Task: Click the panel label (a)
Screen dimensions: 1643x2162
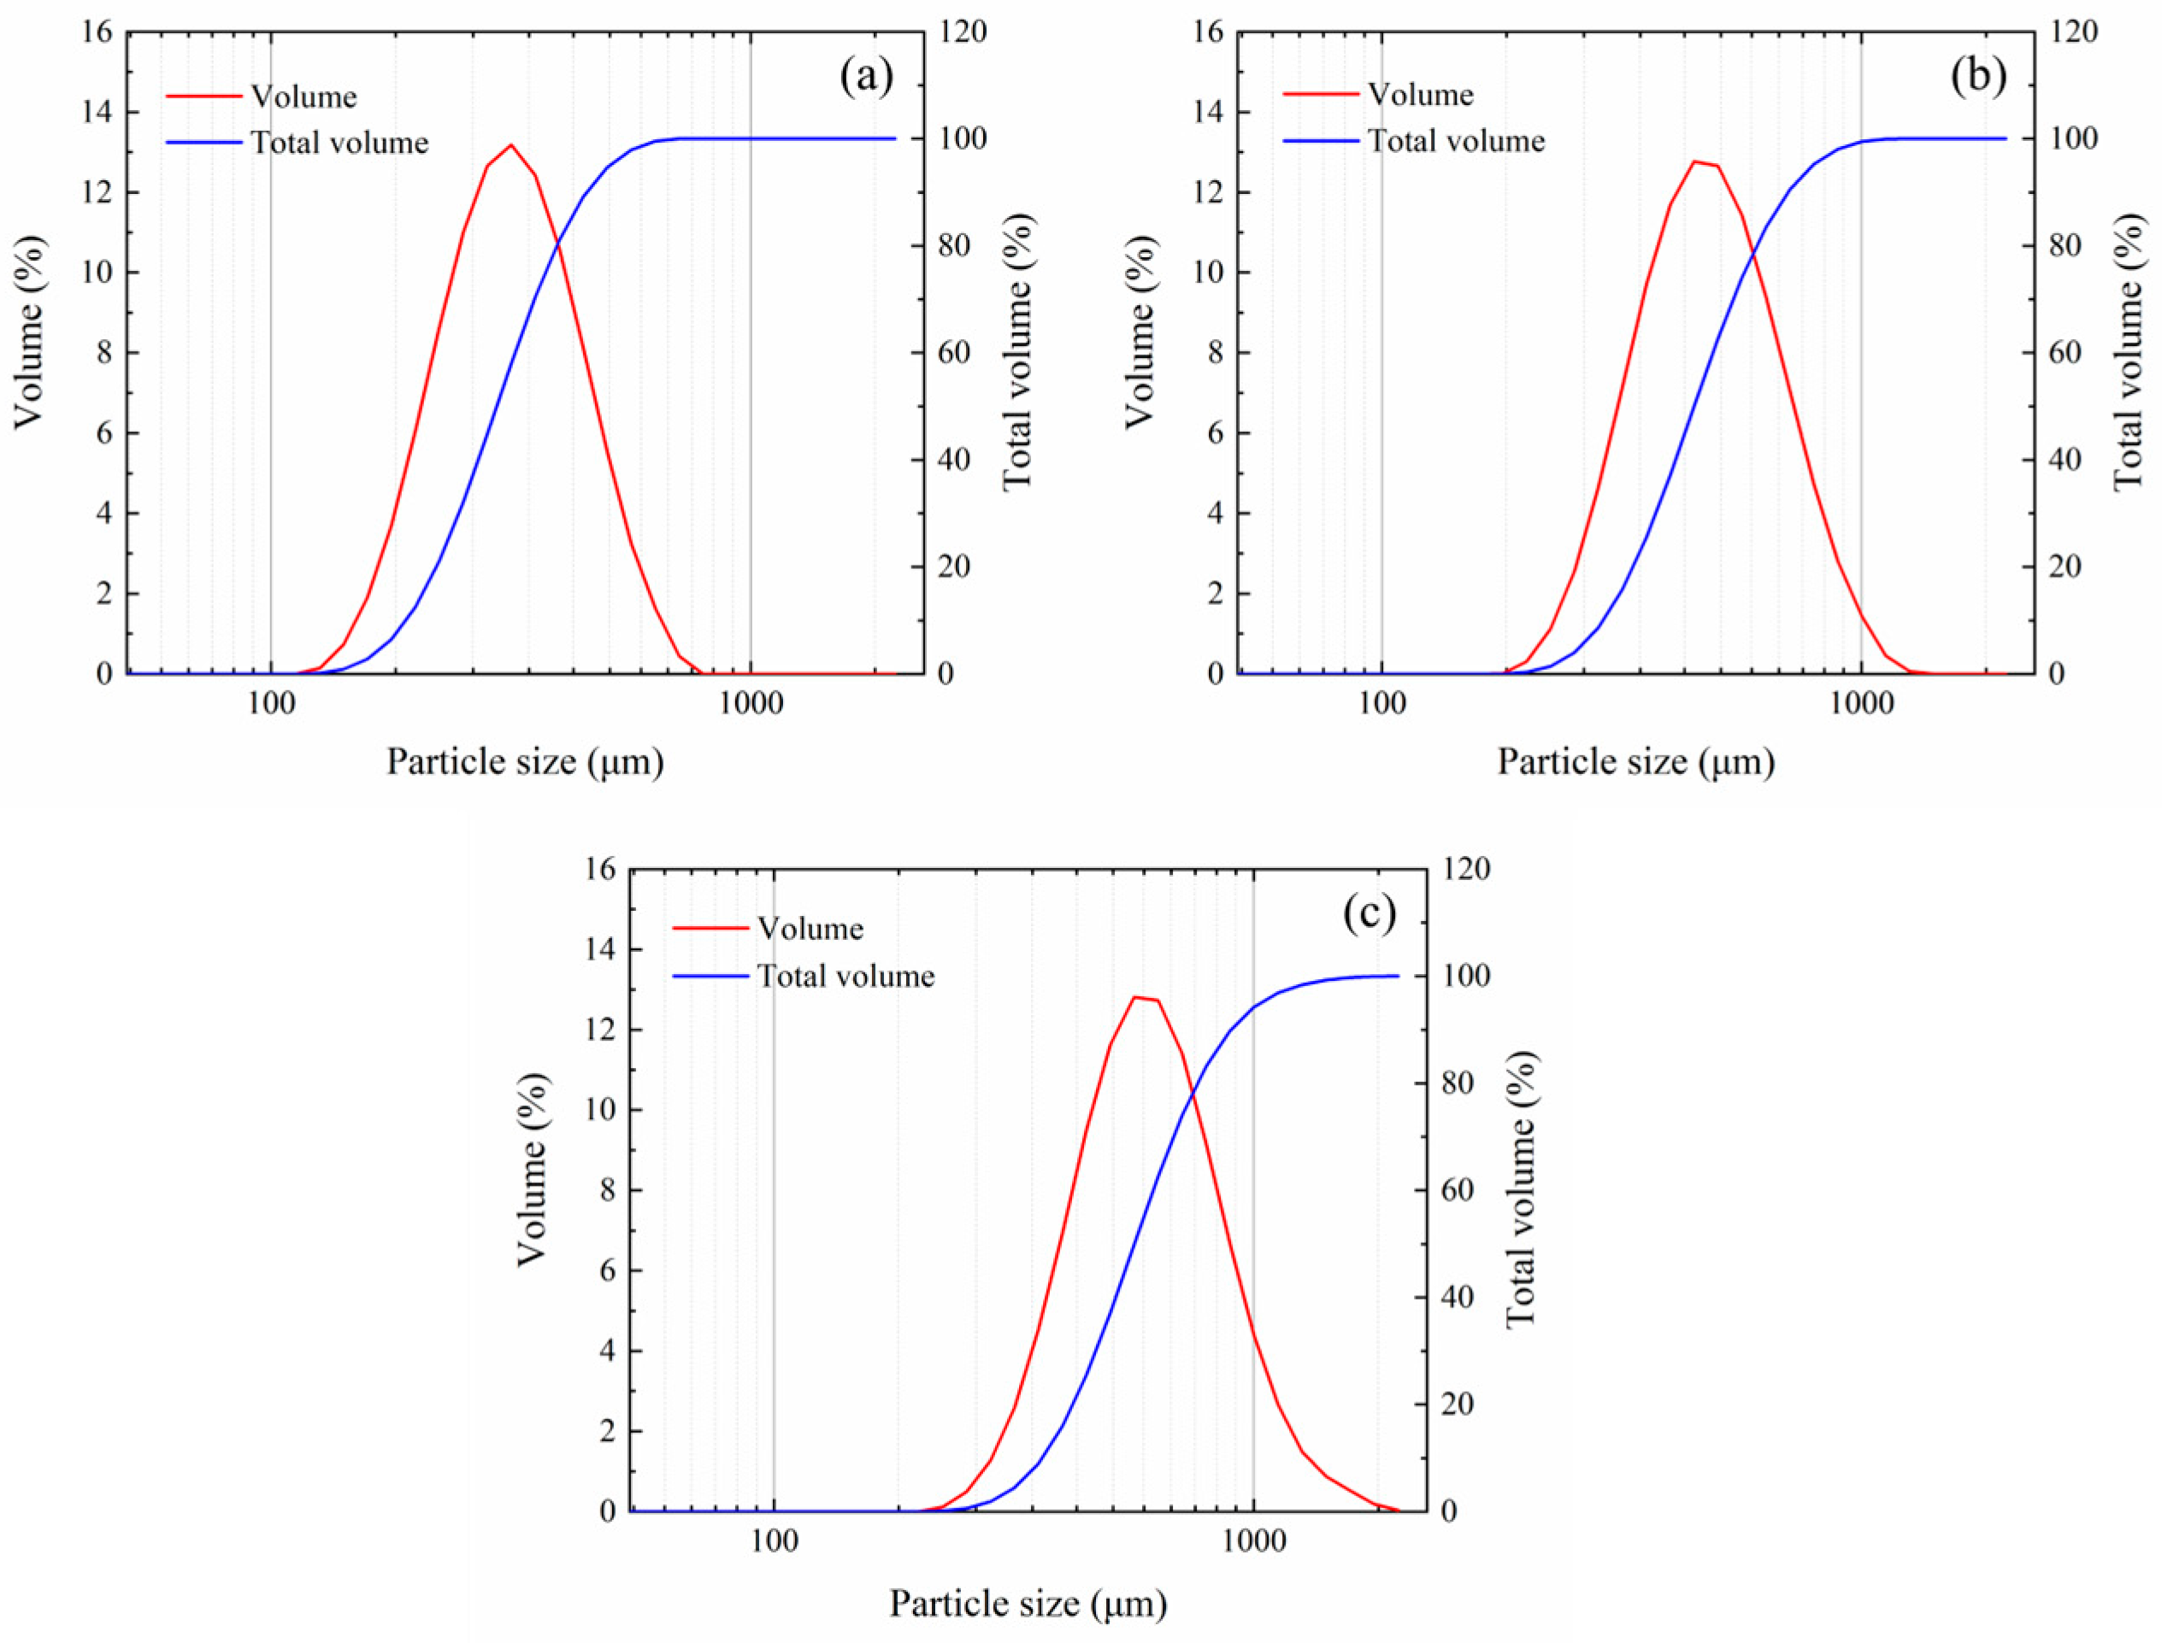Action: coord(866,77)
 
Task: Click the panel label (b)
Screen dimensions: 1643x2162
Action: coord(1977,77)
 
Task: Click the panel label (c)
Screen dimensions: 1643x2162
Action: coord(1369,913)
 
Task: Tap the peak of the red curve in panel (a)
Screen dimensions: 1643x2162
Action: coord(510,144)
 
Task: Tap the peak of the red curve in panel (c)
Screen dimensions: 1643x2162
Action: coord(1134,998)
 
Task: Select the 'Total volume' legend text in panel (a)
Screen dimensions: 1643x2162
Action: coord(339,143)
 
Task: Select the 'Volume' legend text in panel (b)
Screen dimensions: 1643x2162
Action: coord(1421,95)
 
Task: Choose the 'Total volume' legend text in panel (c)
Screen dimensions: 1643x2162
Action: coord(846,976)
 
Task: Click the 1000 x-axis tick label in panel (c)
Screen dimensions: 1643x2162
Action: coord(1253,1542)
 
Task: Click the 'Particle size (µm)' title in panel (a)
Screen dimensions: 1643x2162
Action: coord(526,762)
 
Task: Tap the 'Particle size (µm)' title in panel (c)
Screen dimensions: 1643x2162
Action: coord(1028,1603)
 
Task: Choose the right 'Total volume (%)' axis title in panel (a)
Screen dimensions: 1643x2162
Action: coord(1018,352)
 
